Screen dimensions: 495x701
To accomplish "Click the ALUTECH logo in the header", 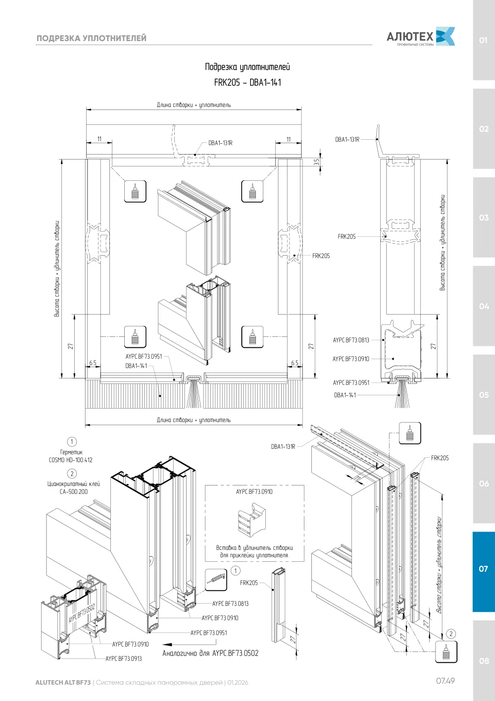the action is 421,37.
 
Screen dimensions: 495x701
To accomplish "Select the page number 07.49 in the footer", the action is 445,681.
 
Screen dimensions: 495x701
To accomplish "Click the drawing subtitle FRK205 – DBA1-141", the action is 247,83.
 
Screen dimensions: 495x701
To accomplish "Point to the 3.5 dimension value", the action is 316,162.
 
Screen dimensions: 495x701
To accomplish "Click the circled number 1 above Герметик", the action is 72,441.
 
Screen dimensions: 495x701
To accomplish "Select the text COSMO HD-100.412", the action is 71,460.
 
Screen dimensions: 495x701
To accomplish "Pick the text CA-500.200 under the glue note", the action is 73,491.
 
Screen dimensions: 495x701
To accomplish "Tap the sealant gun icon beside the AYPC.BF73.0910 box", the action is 216,580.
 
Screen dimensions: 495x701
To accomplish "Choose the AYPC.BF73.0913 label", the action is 124,659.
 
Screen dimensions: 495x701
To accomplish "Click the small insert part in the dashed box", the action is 252,520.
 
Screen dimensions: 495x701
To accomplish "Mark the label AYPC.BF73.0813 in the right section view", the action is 351,340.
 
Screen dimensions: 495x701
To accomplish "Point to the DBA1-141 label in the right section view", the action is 345,395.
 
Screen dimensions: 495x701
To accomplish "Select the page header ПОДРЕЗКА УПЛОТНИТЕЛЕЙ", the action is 91,38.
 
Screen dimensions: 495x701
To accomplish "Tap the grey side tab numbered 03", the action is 484,217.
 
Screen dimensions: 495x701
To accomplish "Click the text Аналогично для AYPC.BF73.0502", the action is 210,653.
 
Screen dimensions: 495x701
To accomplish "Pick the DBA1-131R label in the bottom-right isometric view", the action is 283,446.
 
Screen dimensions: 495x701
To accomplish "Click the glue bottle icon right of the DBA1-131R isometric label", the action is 410,433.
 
